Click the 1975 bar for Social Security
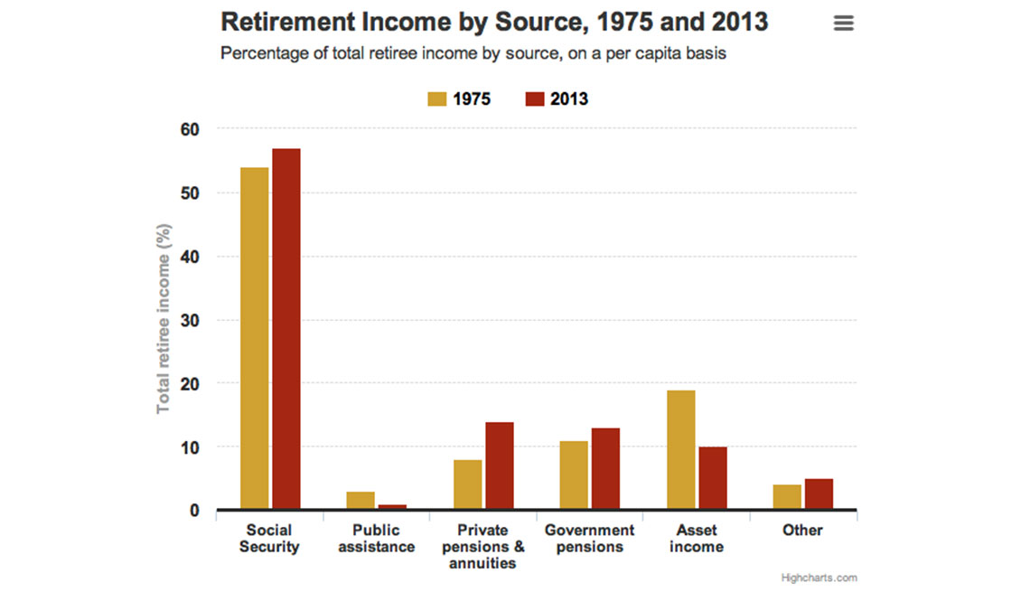coord(254,339)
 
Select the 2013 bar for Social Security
coord(286,329)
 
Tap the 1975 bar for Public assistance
coord(360,501)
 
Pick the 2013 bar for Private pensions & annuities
coord(500,466)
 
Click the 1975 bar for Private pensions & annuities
coord(467,485)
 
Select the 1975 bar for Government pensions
coord(574,475)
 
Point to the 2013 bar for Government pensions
coord(605,469)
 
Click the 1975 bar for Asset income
coord(680,450)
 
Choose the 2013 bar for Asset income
coord(712,479)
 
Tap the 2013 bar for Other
coord(819,494)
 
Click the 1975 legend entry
coord(459,99)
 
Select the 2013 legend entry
coord(557,99)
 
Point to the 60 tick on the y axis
coord(189,129)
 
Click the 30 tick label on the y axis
coord(189,320)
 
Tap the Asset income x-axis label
coord(696,539)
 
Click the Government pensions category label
coord(589,539)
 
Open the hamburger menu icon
coord(843,23)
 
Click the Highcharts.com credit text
coord(819,578)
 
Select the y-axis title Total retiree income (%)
coord(164,318)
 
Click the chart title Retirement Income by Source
coord(494,23)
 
